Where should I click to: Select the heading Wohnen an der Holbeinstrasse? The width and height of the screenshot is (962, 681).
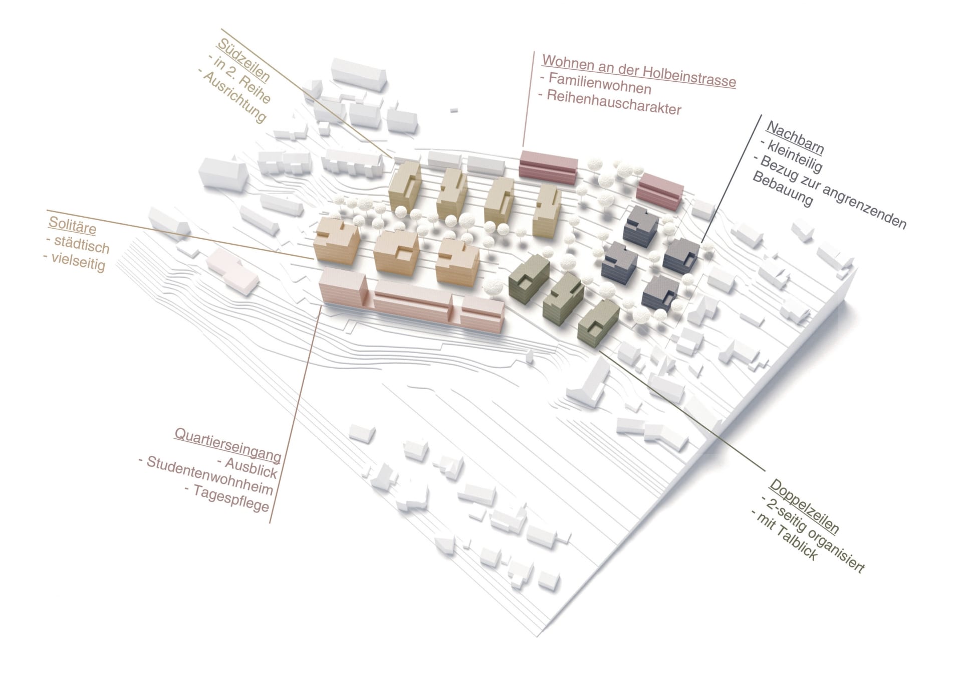(639, 71)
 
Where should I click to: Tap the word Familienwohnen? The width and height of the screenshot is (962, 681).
(600, 83)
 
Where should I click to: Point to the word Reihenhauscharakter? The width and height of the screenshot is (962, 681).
(614, 102)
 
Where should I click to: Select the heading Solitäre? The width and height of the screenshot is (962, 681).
(72, 225)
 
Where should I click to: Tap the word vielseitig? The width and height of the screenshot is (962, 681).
(78, 261)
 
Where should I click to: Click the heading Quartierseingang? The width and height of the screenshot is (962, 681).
(227, 444)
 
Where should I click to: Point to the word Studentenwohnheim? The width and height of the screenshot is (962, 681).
(209, 475)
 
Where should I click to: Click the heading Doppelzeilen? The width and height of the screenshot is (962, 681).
(804, 506)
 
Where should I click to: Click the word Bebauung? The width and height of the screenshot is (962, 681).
(782, 190)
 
